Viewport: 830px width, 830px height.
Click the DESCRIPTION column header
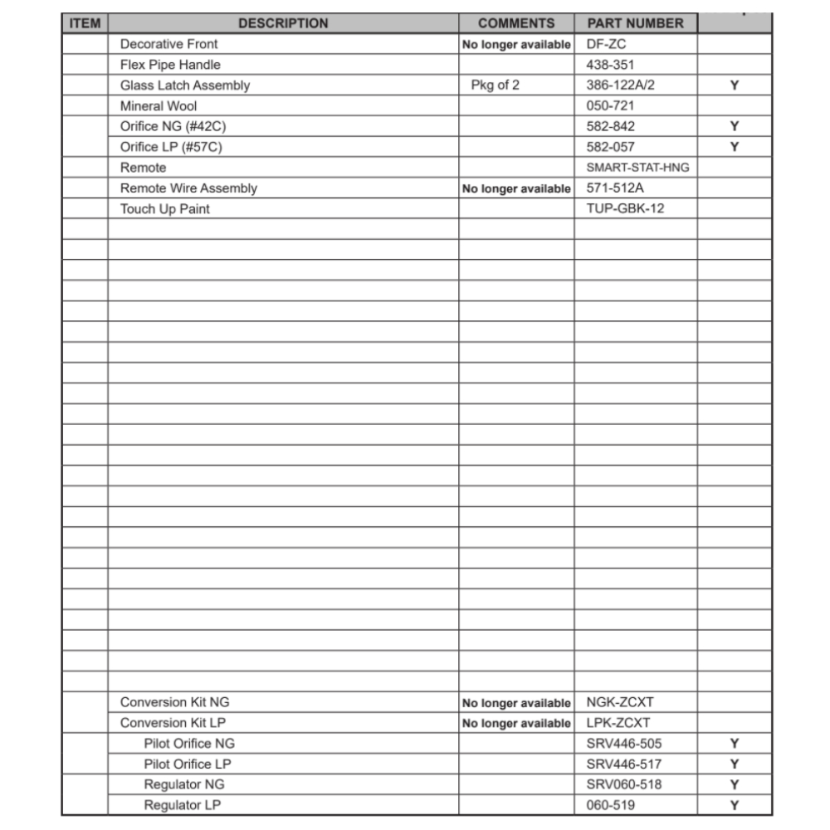click(x=283, y=23)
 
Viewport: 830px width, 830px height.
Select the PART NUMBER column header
click(x=635, y=23)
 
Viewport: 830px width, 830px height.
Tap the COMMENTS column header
click(x=516, y=23)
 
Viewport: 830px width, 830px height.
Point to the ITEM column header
click(x=85, y=23)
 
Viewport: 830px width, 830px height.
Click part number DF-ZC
click(x=606, y=44)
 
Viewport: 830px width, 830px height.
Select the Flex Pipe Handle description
click(x=170, y=65)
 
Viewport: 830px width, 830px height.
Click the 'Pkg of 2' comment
click(x=496, y=85)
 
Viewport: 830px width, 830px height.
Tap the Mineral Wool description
click(x=159, y=106)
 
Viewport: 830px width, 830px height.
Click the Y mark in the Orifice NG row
click(x=735, y=127)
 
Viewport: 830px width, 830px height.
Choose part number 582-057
click(x=610, y=147)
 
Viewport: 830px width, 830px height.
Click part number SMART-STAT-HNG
click(x=637, y=168)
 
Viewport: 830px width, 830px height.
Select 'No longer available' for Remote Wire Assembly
click(x=516, y=188)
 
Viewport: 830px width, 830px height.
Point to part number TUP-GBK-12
click(x=625, y=208)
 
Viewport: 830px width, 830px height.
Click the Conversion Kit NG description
click(x=174, y=702)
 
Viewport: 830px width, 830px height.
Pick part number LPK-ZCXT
click(x=618, y=723)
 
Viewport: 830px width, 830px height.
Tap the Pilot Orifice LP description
click(x=188, y=764)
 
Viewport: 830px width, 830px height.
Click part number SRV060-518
click(x=624, y=784)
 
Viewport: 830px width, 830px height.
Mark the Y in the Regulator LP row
click(x=735, y=805)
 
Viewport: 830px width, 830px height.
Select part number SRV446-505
click(x=624, y=744)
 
